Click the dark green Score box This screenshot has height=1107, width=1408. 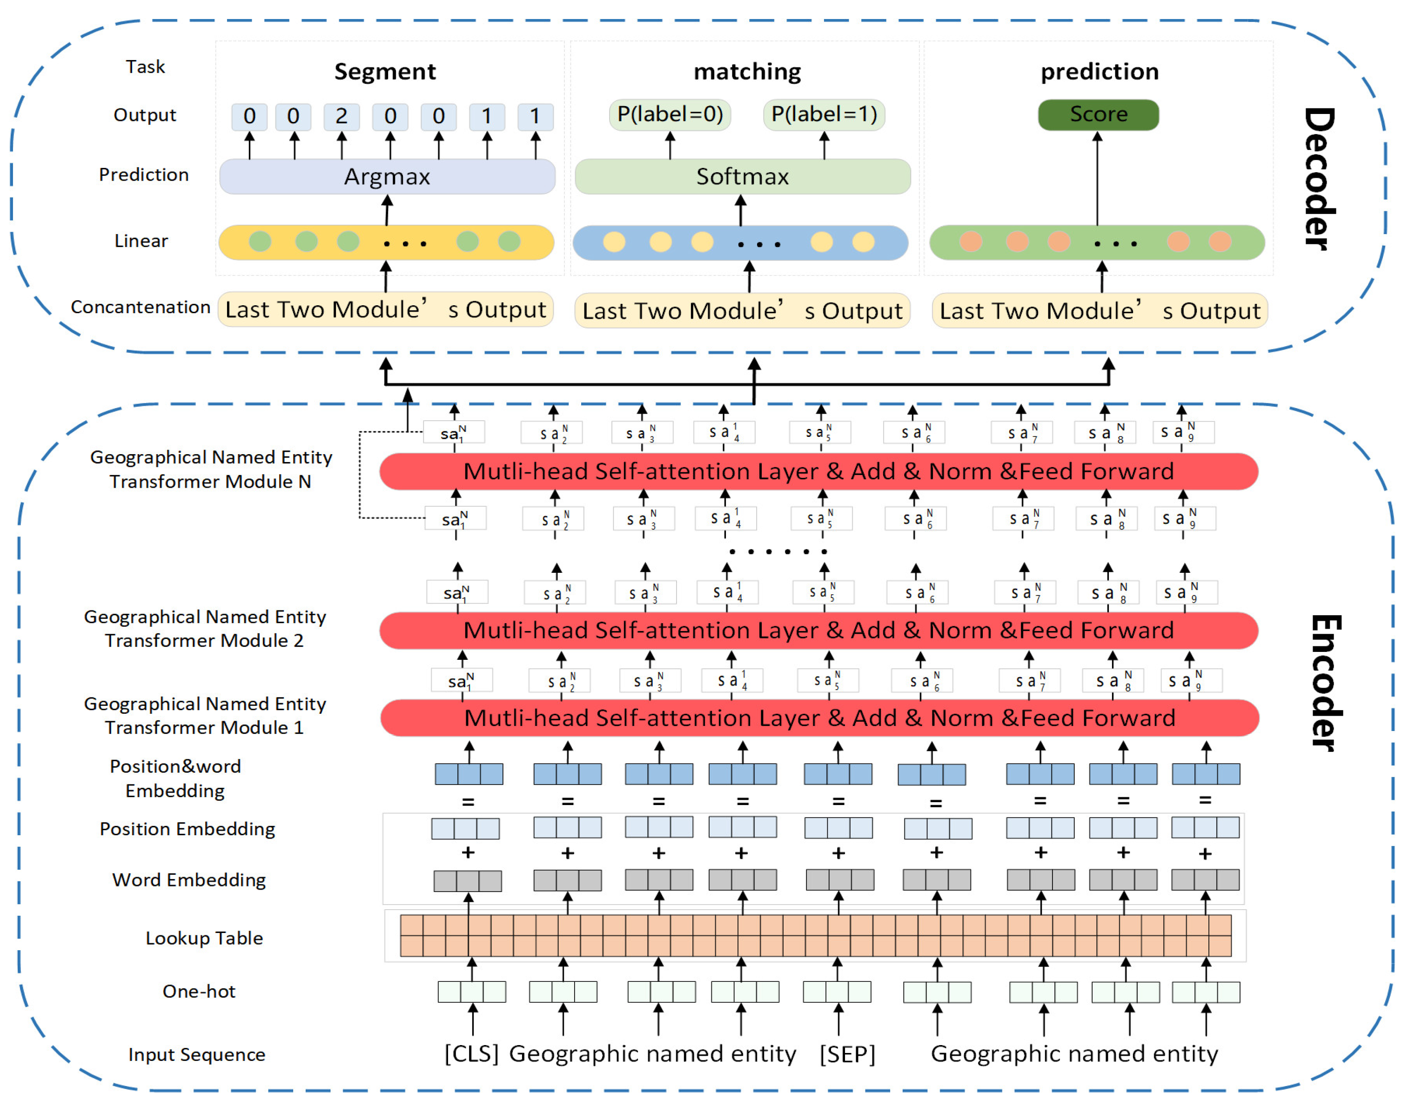(1098, 115)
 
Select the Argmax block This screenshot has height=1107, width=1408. (387, 176)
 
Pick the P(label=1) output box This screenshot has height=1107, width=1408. (824, 115)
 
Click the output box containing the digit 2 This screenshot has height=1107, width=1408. (342, 117)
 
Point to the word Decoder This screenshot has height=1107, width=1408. (1319, 178)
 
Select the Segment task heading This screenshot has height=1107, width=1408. (385, 71)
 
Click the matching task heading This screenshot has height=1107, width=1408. (747, 71)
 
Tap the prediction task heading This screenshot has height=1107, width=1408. (1099, 71)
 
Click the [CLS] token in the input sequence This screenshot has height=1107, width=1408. (471, 1054)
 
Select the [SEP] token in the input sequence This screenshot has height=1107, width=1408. (847, 1054)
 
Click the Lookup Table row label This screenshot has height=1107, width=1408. (204, 938)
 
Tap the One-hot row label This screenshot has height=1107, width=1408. (199, 991)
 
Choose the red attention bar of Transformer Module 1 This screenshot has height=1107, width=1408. (819, 718)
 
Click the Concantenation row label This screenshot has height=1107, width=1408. (141, 307)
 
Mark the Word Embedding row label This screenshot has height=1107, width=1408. (188, 879)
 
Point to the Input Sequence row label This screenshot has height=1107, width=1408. (196, 1054)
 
